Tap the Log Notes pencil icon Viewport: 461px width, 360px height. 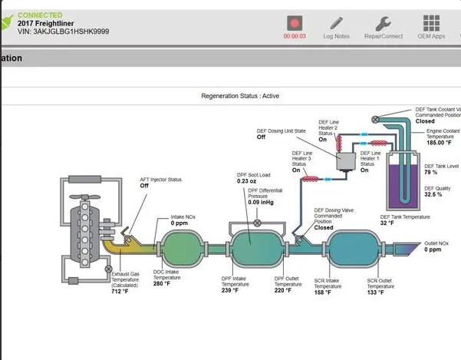click(x=336, y=24)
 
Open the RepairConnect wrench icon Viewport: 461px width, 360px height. click(x=384, y=24)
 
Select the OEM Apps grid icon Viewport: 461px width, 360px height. click(x=431, y=24)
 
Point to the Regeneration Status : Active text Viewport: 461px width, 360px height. click(x=240, y=97)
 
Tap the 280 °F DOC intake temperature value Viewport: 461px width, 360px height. click(x=163, y=284)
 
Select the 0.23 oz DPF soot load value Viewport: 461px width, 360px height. click(x=247, y=180)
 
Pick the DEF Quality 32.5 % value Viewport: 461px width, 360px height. click(x=433, y=194)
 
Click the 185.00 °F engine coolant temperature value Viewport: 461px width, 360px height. click(x=442, y=143)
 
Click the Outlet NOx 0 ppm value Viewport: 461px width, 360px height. click(x=433, y=249)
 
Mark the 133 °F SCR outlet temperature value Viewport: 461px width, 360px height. click(x=377, y=292)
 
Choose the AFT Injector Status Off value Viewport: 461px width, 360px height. click(x=144, y=186)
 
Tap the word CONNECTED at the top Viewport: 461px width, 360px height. click(x=39, y=15)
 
